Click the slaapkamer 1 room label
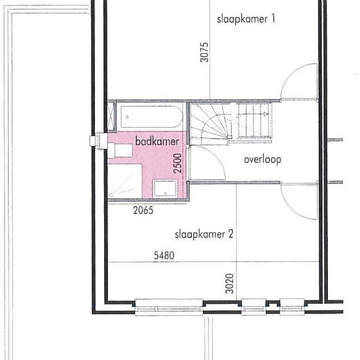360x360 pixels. tap(245, 19)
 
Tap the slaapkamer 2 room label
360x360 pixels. tap(204, 234)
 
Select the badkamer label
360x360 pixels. tap(157, 141)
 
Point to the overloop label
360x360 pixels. tap(262, 160)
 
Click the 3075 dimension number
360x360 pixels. tap(204, 52)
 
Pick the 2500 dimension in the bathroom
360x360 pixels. tap(177, 163)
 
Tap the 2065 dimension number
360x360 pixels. tap(143, 210)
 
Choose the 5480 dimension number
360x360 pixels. tap(164, 255)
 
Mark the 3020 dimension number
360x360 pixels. tap(230, 283)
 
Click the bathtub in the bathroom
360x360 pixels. tap(152, 117)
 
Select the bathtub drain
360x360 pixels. tap(127, 117)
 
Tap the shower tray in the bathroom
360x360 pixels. tap(125, 181)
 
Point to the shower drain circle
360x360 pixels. tap(111, 195)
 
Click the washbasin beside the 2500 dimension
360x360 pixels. tap(165, 189)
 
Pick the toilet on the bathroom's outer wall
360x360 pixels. tap(120, 151)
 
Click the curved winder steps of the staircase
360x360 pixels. tap(211, 124)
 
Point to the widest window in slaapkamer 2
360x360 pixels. tap(169, 307)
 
